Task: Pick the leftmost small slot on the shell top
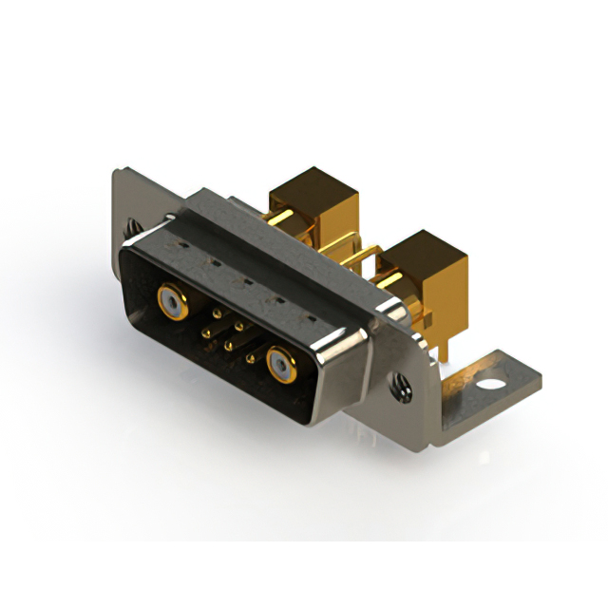point(177,246)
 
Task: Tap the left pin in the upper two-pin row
point(217,313)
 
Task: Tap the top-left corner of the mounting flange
point(118,172)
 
